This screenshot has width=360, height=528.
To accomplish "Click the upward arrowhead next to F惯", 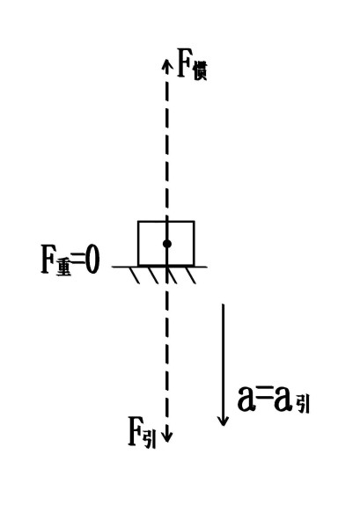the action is (x=165, y=63).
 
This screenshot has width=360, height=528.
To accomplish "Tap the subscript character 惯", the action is (x=199, y=72).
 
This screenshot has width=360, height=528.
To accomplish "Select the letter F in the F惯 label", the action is (x=184, y=63).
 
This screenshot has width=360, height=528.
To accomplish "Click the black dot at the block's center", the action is (x=166, y=244).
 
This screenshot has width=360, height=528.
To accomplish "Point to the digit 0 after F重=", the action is (x=92, y=260).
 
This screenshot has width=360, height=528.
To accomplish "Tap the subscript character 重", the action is (x=64, y=268).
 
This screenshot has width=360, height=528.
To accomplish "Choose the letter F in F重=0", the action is (x=48, y=260).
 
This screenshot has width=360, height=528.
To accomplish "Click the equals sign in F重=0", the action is (x=78, y=259).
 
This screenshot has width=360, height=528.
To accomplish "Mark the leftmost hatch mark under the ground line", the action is (x=135, y=275).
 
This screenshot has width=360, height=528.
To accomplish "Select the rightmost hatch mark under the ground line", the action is (x=191, y=275).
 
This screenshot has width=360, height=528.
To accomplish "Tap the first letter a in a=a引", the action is (x=246, y=400).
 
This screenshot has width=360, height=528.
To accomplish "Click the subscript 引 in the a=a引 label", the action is (x=303, y=404).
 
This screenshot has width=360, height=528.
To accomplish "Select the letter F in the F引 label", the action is (x=136, y=431).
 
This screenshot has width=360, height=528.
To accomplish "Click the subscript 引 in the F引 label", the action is (x=150, y=440).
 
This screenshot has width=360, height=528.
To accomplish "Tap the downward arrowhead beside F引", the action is (x=166, y=436).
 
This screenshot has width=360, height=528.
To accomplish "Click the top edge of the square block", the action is (x=166, y=222).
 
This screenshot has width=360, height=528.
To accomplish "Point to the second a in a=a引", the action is (x=283, y=400).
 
